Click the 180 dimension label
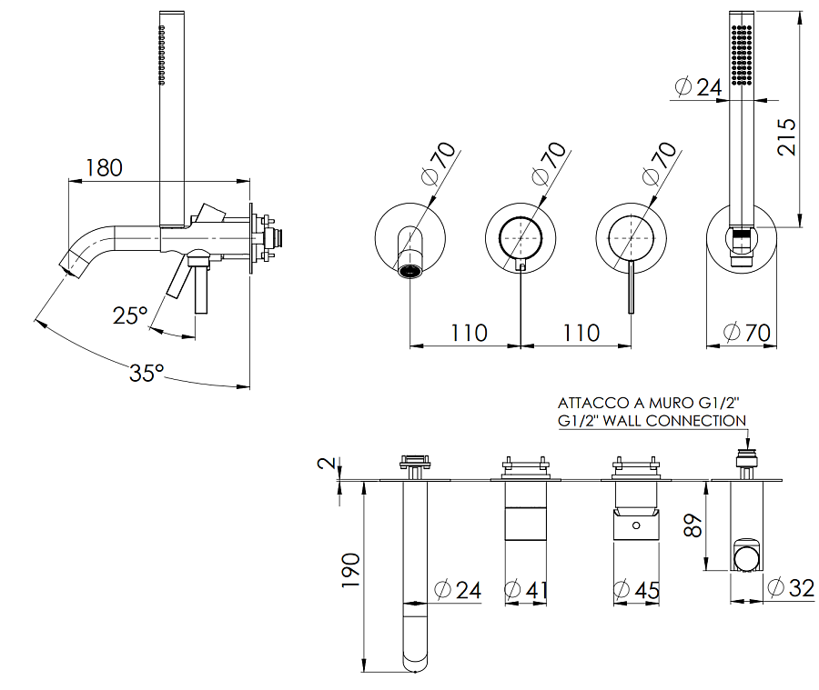pyautogui.click(x=104, y=167)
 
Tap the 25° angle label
pyautogui.click(x=130, y=315)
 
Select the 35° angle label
pyautogui.click(x=147, y=373)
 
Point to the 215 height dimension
pyautogui.click(x=786, y=136)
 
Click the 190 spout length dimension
pyautogui.click(x=351, y=570)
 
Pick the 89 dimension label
pyautogui.click(x=693, y=525)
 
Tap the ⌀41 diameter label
pyautogui.click(x=526, y=590)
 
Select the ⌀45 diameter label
pyautogui.click(x=636, y=590)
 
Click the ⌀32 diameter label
pyautogui.click(x=791, y=587)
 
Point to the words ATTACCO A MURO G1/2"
pyautogui.click(x=649, y=403)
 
